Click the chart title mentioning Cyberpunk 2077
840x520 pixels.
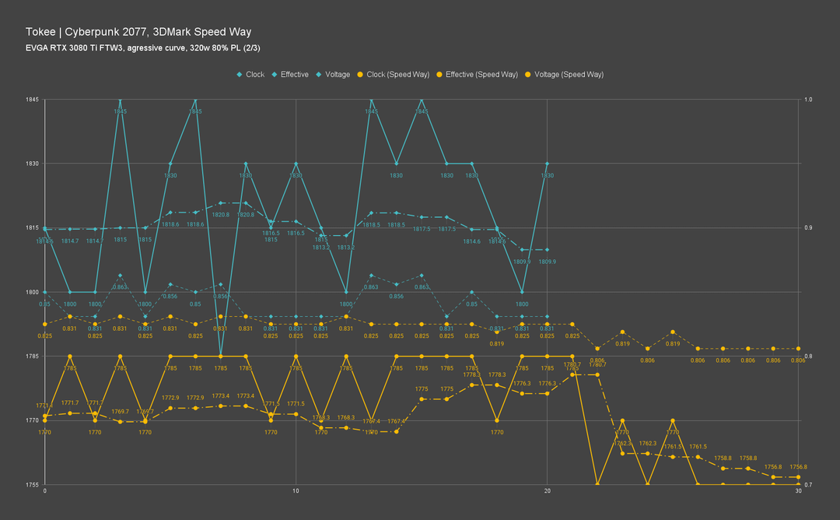138,32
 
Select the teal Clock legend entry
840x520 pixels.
250,75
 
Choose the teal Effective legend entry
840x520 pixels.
290,75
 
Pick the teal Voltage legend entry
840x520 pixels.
333,75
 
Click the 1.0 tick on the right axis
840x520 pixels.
808,100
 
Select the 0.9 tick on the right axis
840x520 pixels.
808,228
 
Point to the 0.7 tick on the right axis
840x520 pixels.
808,484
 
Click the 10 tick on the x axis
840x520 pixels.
296,492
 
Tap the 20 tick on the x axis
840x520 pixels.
547,492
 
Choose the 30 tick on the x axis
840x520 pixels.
799,492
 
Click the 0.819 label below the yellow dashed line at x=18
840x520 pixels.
497,343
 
